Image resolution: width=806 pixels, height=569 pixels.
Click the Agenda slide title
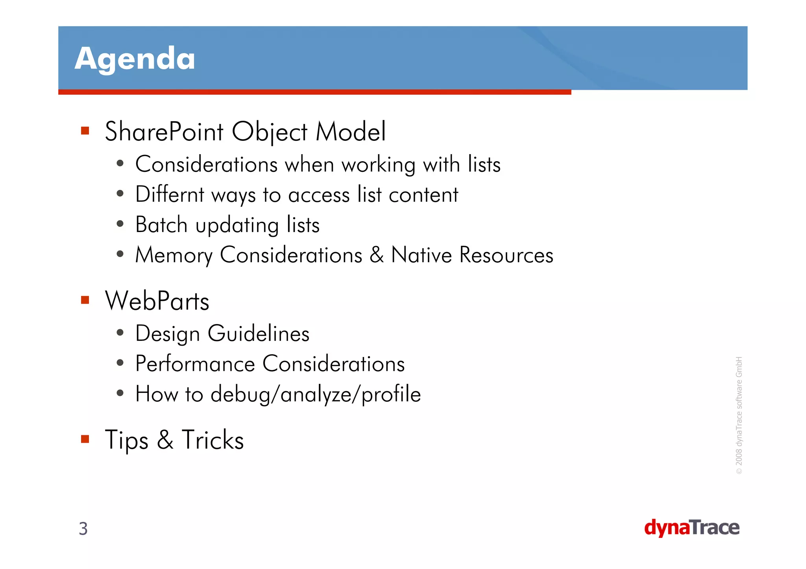[x=135, y=59]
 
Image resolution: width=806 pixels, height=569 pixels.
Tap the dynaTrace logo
[x=691, y=528]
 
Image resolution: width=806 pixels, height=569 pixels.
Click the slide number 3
[x=83, y=528]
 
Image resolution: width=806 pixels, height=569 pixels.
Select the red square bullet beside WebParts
[x=85, y=300]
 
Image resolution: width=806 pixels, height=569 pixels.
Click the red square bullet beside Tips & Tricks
[x=85, y=439]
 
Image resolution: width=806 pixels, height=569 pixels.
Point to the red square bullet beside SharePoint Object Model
[x=85, y=131]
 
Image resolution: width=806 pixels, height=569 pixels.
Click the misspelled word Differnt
[x=170, y=194]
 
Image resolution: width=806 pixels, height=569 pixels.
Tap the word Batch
[x=161, y=225]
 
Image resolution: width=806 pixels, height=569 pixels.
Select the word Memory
[x=174, y=255]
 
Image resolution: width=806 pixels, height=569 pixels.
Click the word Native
[x=421, y=255]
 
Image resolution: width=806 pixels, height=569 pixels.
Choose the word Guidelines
[x=258, y=333]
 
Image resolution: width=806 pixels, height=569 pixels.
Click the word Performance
[x=195, y=363]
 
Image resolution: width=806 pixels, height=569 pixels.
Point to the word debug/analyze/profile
[x=316, y=394]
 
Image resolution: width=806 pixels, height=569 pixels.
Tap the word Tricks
[x=213, y=440]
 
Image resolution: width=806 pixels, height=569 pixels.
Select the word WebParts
[x=157, y=301]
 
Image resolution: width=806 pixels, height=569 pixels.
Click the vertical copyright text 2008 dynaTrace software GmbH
[x=739, y=415]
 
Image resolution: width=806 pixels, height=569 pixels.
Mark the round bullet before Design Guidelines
[x=120, y=333]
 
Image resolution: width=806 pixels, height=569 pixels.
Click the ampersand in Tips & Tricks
[x=165, y=440]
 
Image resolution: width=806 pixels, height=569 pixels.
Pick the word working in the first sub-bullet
[x=378, y=164]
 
